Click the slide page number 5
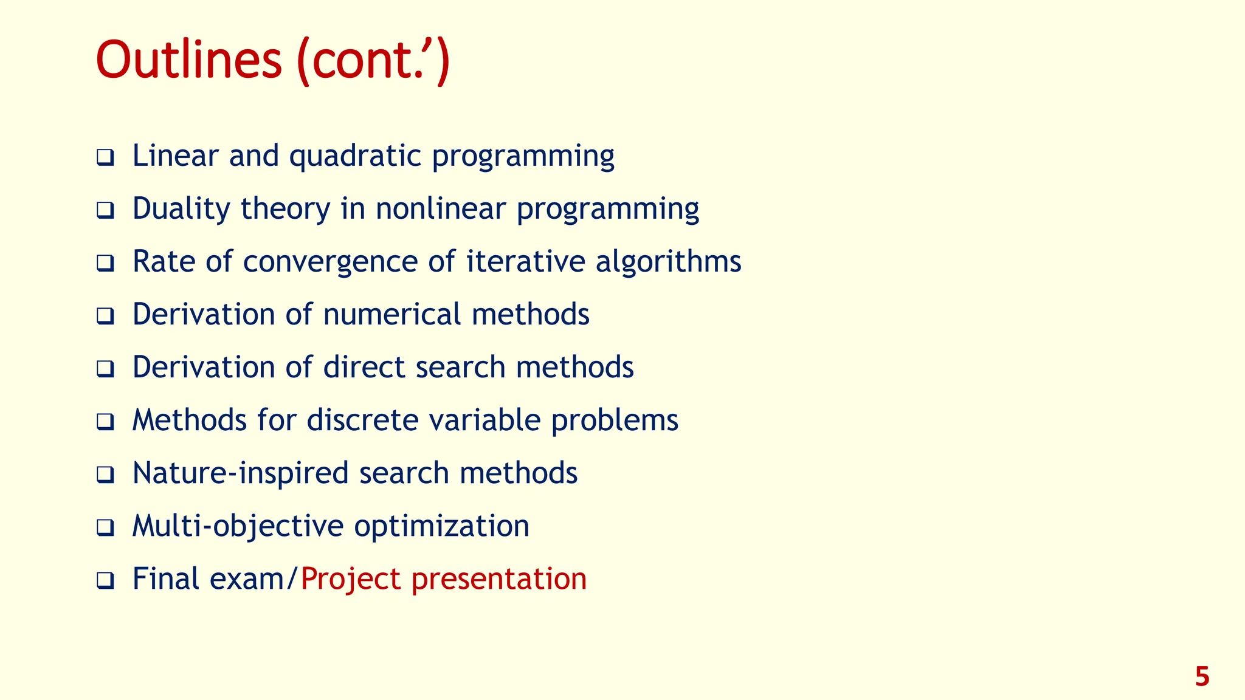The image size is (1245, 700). click(x=1202, y=676)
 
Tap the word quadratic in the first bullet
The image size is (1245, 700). click(x=355, y=156)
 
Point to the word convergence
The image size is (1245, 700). click(x=331, y=262)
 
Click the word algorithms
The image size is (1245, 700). click(x=668, y=262)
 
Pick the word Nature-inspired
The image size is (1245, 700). click(x=240, y=473)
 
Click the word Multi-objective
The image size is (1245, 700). click(x=238, y=526)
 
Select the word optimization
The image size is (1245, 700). click(x=442, y=526)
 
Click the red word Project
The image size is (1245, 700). click(x=351, y=579)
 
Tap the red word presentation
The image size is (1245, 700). click(x=499, y=579)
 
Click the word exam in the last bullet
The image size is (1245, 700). click(x=247, y=579)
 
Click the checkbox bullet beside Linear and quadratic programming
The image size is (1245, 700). click(x=105, y=158)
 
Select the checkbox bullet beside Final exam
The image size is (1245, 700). click(x=105, y=581)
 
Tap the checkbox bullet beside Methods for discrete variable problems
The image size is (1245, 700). click(x=105, y=422)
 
